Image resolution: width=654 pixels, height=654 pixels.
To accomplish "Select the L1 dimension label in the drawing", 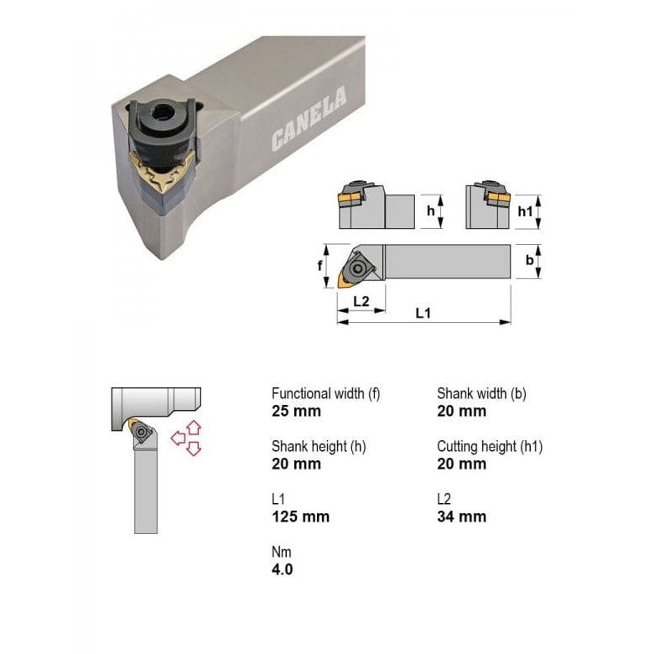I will click(x=423, y=313).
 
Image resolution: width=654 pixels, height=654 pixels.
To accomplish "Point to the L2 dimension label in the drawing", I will click(x=361, y=300).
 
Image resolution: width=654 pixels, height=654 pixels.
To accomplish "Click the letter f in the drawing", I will click(x=321, y=265).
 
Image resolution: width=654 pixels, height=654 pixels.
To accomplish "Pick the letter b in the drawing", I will click(x=529, y=261).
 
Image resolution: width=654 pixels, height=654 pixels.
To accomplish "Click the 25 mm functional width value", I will click(x=296, y=411).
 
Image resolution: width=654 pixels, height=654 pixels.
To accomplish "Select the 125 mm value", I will click(x=300, y=516).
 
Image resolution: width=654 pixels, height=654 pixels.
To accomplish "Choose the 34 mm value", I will click(x=461, y=516).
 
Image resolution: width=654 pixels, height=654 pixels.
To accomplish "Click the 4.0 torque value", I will click(x=283, y=569).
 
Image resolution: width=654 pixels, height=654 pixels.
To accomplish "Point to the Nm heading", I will click(x=281, y=552).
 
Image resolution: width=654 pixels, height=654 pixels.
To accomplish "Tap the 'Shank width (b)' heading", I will click(x=481, y=393).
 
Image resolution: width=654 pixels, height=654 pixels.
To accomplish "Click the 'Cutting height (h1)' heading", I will click(x=490, y=446).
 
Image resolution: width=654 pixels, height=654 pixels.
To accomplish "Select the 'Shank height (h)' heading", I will click(x=319, y=446).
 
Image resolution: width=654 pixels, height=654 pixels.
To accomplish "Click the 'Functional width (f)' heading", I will click(x=326, y=393).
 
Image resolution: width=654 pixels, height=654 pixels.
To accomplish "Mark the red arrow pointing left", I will click(x=178, y=438).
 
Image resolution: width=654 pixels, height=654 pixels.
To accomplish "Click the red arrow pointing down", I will click(x=194, y=449).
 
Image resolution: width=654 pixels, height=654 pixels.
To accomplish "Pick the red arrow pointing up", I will click(x=193, y=426).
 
